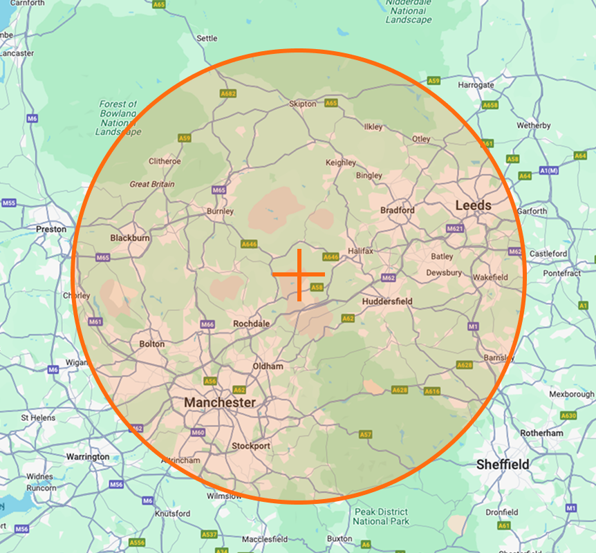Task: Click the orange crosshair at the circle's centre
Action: (x=299, y=275)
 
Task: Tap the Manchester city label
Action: (x=219, y=402)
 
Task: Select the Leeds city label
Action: (x=474, y=205)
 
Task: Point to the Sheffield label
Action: (x=503, y=465)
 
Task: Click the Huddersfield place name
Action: (x=387, y=301)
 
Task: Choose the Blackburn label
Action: (x=130, y=238)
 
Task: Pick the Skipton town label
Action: (x=302, y=104)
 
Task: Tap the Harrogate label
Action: (x=476, y=85)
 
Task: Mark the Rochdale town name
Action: (x=251, y=323)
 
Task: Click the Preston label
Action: (x=51, y=229)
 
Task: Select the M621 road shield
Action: (x=455, y=228)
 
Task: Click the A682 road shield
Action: (x=228, y=93)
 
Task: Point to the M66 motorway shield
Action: (x=207, y=324)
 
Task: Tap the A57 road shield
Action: (x=366, y=434)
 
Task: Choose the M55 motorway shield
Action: (x=9, y=203)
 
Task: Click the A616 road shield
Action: (x=432, y=391)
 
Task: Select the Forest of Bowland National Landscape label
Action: (x=118, y=118)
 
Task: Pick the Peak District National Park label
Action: (x=382, y=516)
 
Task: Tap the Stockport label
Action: (x=251, y=446)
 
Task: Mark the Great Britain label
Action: (x=152, y=185)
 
